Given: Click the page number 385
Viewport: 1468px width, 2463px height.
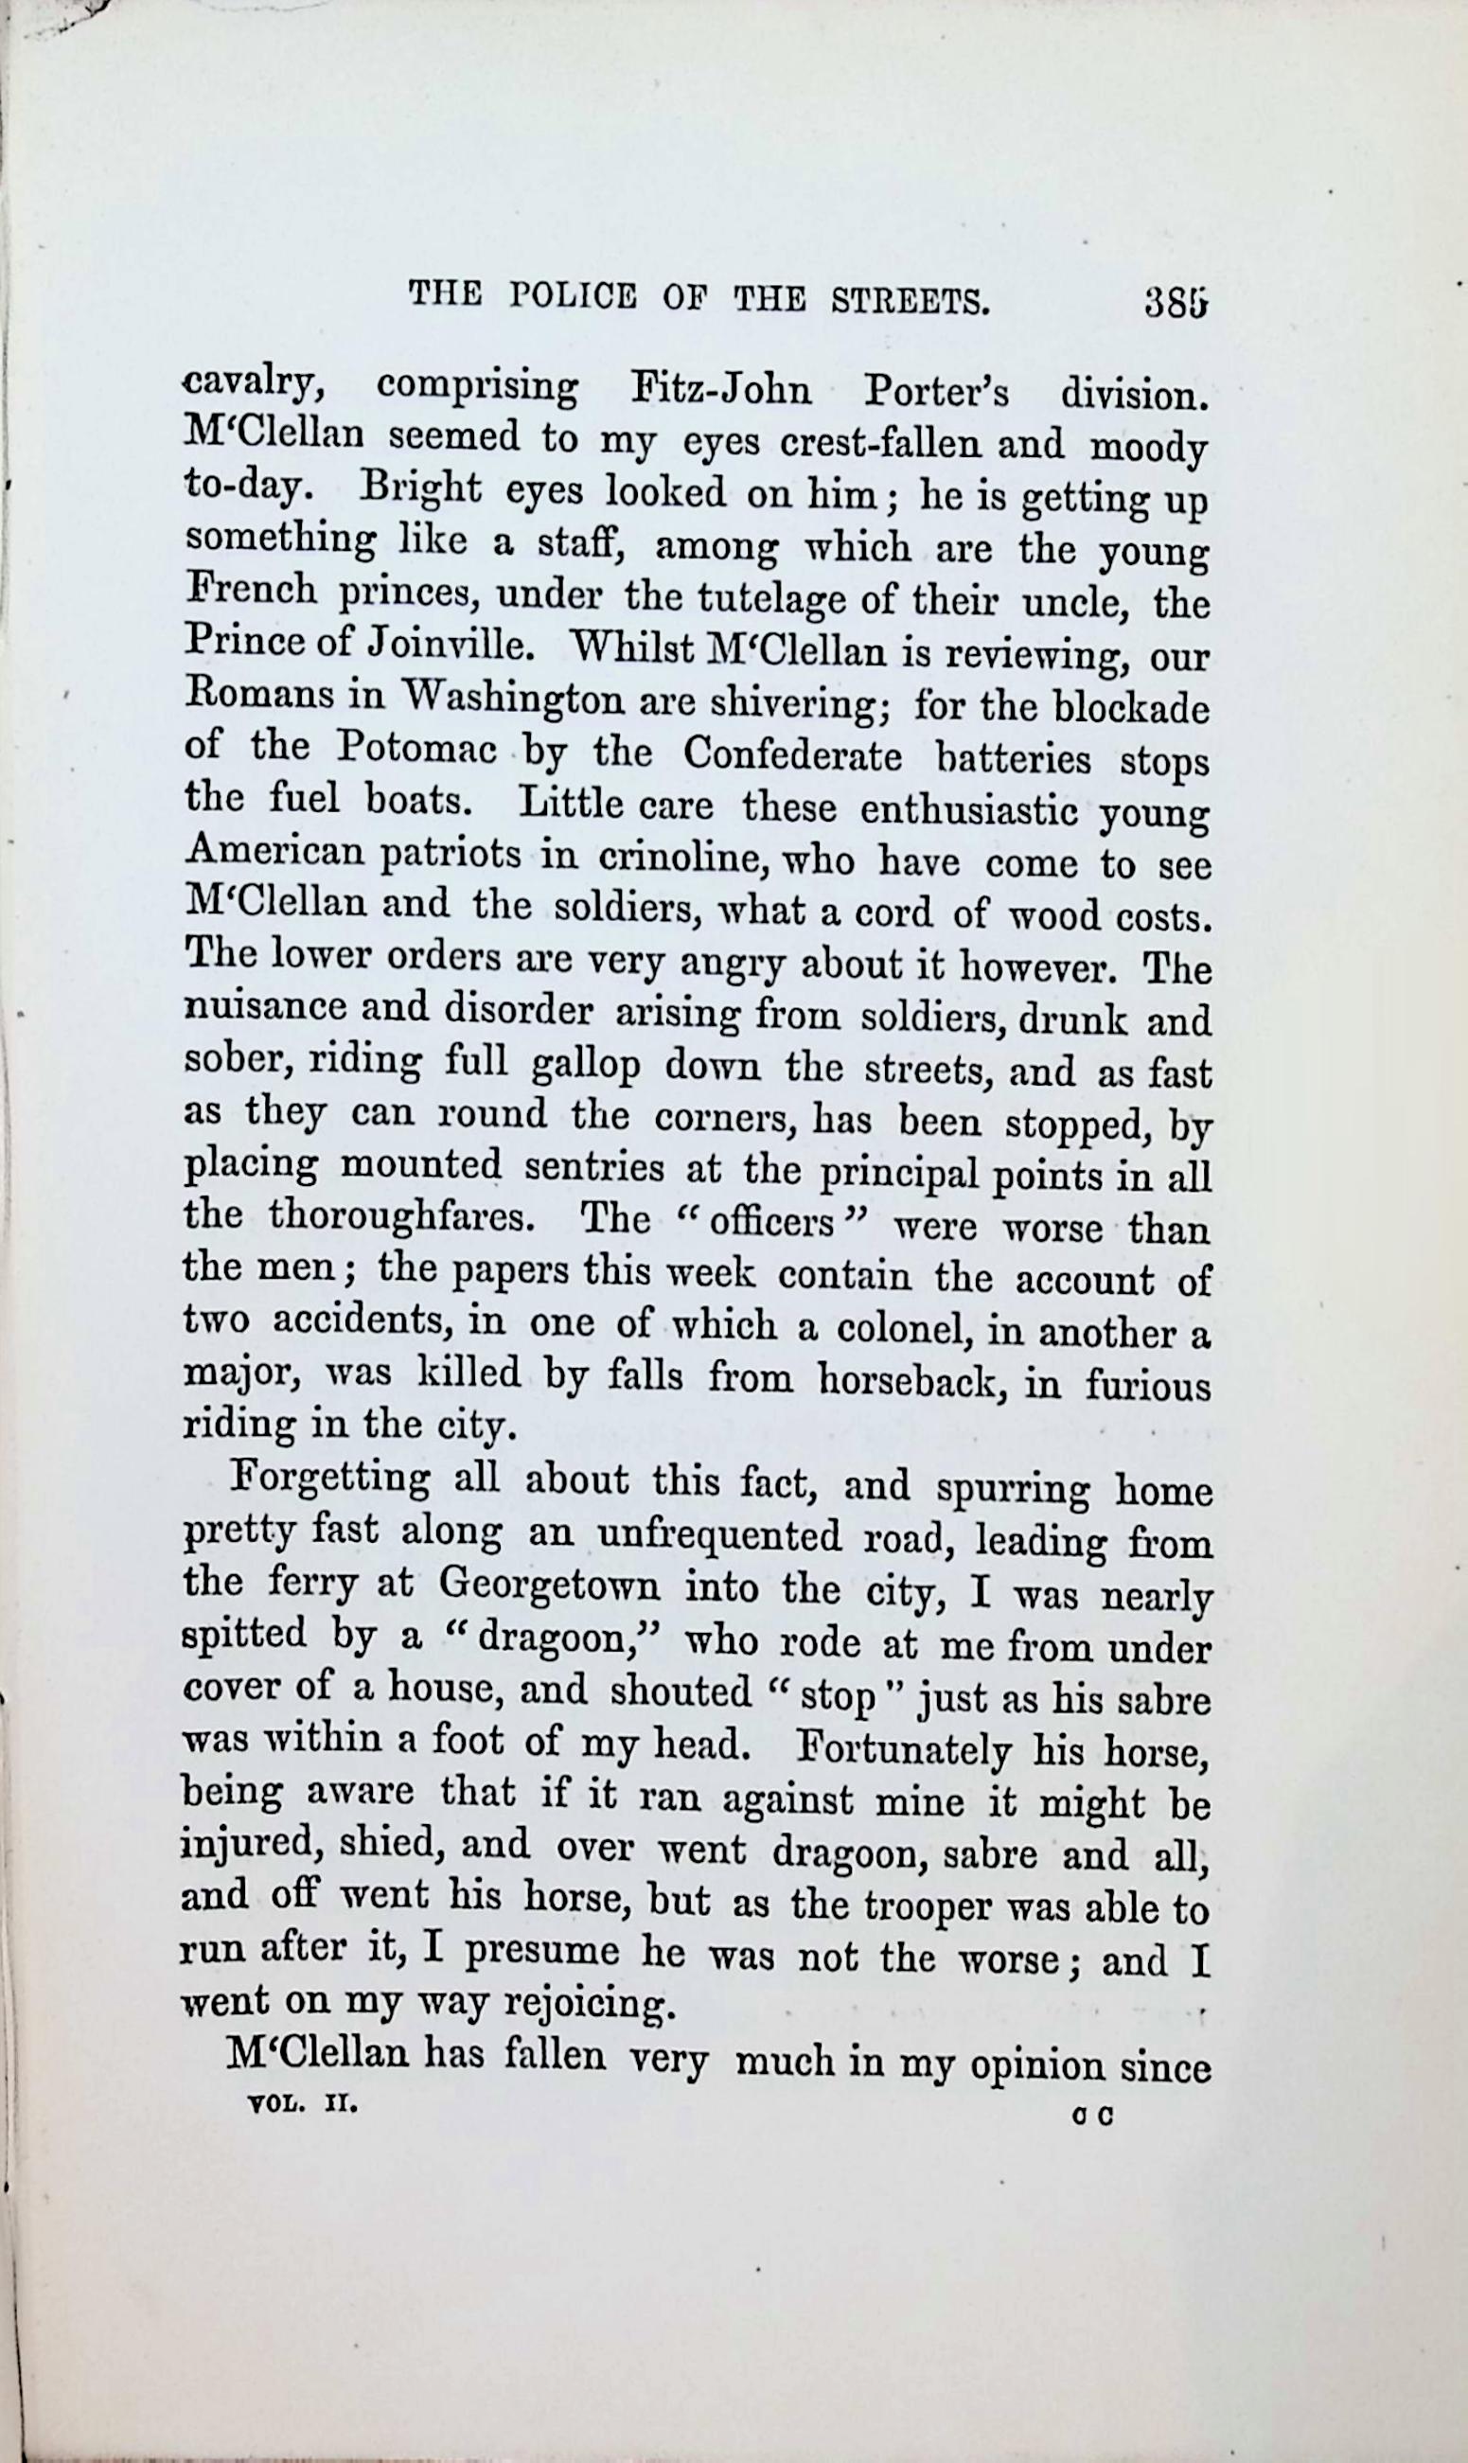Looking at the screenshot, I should point(1176,301).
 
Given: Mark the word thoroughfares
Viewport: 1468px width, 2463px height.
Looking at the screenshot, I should point(401,1215).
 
